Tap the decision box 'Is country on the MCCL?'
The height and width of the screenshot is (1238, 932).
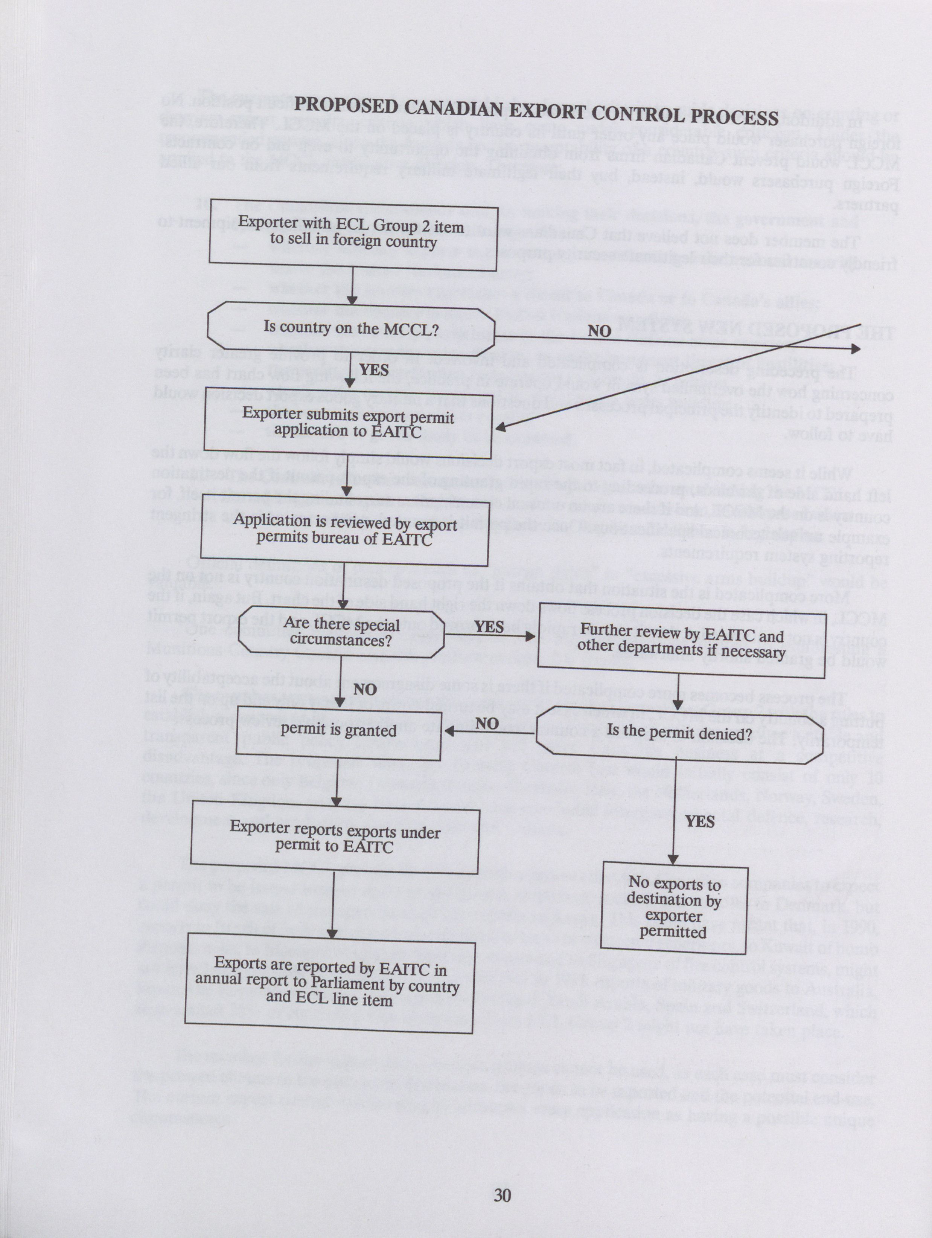tap(351, 328)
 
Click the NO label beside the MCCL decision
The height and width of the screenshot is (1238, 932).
tap(599, 331)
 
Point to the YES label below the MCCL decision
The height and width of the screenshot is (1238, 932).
tap(374, 370)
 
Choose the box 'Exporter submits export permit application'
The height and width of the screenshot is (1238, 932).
tap(347, 423)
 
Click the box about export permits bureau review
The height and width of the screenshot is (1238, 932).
tap(344, 530)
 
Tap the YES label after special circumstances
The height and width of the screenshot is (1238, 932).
tap(489, 626)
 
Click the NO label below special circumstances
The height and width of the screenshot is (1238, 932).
tap(364, 689)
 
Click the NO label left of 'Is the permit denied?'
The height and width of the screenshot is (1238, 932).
tap(487, 724)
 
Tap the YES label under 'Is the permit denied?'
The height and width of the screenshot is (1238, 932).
tap(699, 821)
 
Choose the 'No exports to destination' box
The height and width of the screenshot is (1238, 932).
tap(673, 907)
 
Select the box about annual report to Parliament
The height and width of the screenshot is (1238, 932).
tap(329, 982)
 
